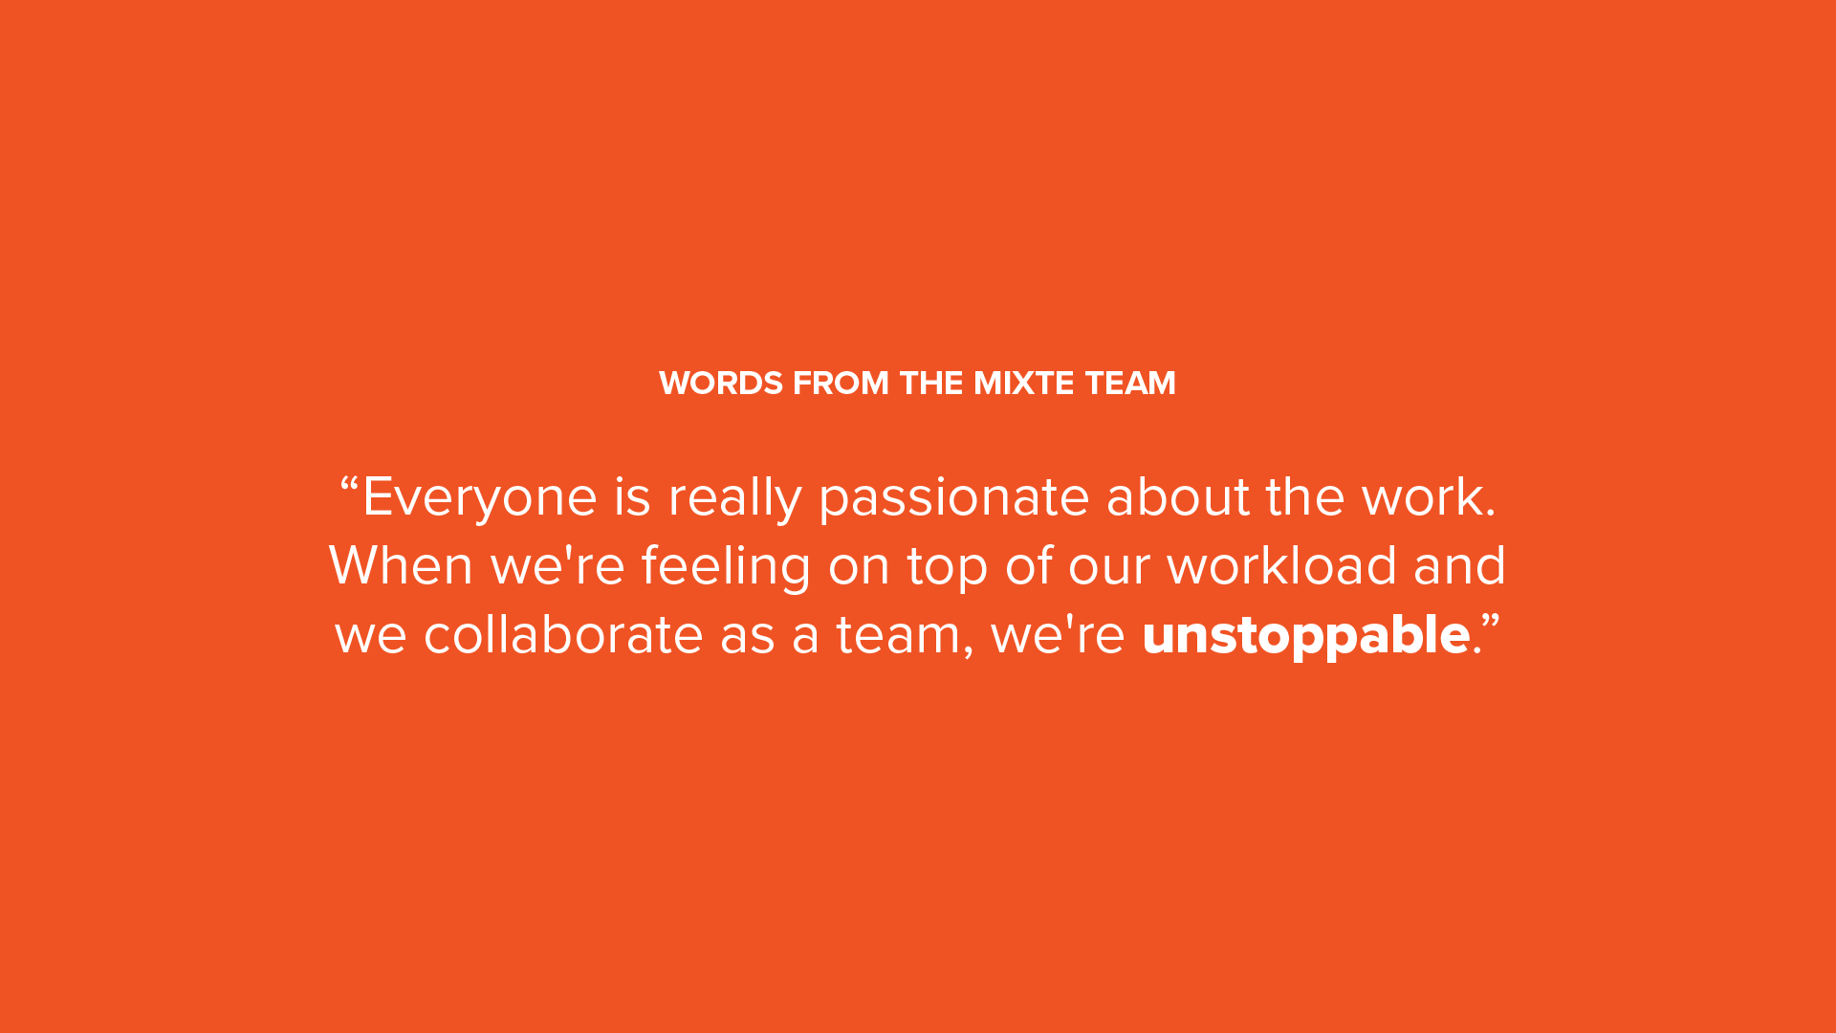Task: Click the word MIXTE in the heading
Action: tap(1023, 384)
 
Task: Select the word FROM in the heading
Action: tap(841, 384)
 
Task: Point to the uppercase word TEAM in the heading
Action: tap(1130, 384)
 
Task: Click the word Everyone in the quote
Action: tap(480, 498)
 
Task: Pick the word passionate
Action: tap(954, 498)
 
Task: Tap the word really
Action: tap(734, 498)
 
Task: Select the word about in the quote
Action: tap(1178, 496)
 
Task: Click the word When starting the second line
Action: tap(401, 565)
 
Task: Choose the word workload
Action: tap(1281, 565)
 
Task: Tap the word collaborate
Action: tap(563, 634)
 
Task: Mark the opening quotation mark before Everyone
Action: tap(349, 483)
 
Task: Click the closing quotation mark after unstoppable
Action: tap(1492, 621)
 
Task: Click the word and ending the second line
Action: tap(1459, 565)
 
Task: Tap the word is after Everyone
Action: tap(632, 498)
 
